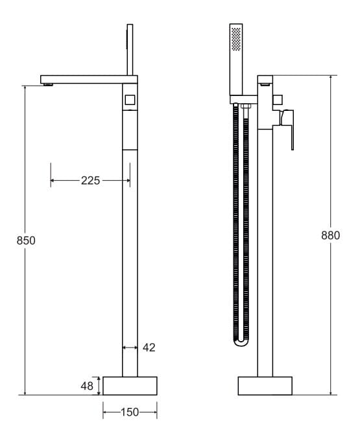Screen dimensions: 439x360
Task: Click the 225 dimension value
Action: [x=90, y=181]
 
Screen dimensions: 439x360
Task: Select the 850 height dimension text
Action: [x=25, y=240]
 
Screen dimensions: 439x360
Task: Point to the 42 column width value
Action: [x=149, y=348]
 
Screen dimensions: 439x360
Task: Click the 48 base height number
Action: [x=87, y=386]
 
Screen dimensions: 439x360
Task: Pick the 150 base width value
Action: [x=130, y=412]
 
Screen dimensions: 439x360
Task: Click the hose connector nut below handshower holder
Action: [x=245, y=106]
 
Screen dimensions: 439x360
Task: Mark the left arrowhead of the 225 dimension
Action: [x=53, y=181]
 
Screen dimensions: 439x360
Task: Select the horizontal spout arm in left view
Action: [x=84, y=78]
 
